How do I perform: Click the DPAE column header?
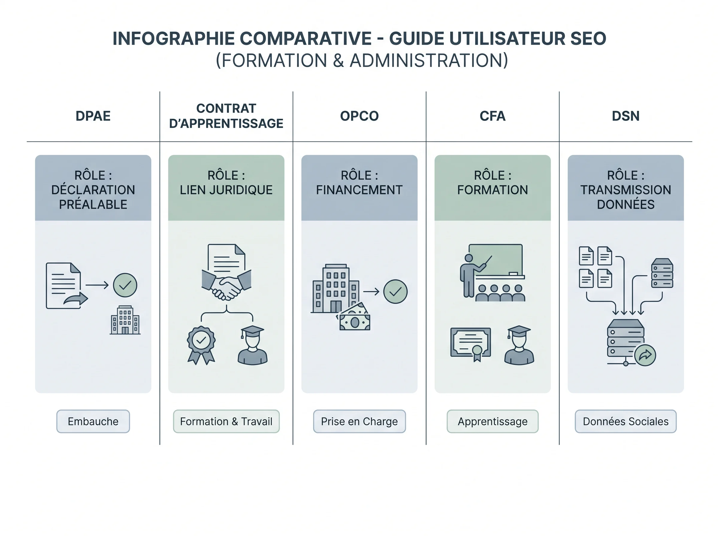pos(93,116)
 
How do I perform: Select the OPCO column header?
pos(359,116)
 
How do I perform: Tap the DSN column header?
pos(626,116)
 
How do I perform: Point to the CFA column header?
pos(493,116)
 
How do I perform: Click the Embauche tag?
pos(93,421)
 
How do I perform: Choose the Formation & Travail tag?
pos(226,421)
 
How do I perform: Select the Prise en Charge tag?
pos(359,421)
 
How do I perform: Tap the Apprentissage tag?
pos(493,421)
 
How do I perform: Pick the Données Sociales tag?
pos(626,421)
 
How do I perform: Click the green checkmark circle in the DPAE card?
pos(125,285)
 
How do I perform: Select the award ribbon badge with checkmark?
pos(201,345)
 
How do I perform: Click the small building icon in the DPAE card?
pos(125,320)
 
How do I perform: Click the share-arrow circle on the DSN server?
pos(645,355)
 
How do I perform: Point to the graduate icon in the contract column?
pos(253,345)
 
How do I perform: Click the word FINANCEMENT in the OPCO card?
pos(359,190)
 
